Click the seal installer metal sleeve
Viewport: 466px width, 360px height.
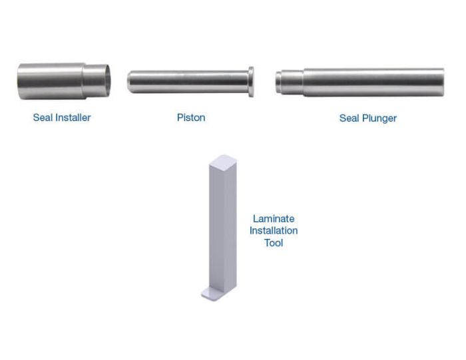point(64,81)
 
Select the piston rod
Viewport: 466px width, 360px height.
point(190,82)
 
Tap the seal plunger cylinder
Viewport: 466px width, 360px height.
point(359,82)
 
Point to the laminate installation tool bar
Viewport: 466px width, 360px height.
point(220,228)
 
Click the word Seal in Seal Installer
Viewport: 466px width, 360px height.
point(43,118)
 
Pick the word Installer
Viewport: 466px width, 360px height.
point(73,118)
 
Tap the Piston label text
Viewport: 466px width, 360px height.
point(191,118)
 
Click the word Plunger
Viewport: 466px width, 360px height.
point(379,118)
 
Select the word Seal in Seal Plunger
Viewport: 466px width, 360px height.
point(349,118)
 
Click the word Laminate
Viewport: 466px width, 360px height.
point(274,219)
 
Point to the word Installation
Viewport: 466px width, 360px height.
point(274,231)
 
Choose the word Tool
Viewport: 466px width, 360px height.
point(274,243)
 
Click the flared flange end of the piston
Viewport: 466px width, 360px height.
point(251,82)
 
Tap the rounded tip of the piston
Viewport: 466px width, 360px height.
point(130,82)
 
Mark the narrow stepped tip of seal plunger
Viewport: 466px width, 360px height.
point(289,83)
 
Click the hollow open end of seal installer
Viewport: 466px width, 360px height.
point(107,81)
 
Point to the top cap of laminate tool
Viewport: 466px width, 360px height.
point(223,160)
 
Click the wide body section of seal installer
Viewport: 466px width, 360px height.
point(51,81)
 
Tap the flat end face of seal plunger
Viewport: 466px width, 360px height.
point(443,83)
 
